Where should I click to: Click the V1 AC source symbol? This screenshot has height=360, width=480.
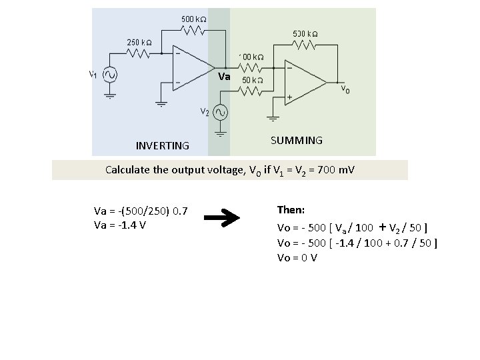click(x=110, y=75)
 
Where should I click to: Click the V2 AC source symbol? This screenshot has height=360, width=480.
click(x=220, y=111)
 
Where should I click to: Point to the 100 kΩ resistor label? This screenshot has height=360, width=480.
click(x=253, y=57)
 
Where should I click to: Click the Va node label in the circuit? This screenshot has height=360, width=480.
click(x=225, y=77)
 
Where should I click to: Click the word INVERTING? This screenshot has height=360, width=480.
click(x=162, y=145)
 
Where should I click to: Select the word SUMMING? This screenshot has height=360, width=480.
click(x=297, y=141)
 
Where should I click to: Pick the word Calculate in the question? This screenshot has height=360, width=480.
click(x=129, y=170)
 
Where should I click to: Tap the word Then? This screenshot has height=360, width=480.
click(x=291, y=210)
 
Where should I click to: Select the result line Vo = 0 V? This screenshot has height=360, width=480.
click(x=297, y=257)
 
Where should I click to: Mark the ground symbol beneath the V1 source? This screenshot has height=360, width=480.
click(x=110, y=95)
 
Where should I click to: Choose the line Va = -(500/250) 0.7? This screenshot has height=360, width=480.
click(x=141, y=212)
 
